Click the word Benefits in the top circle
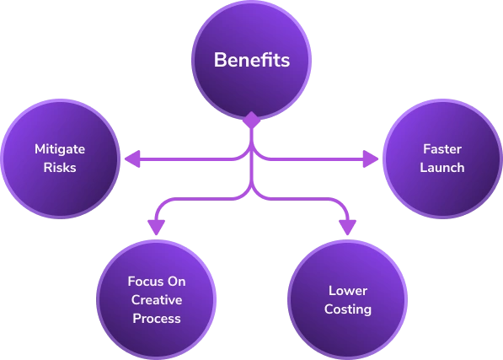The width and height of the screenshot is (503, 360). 251,61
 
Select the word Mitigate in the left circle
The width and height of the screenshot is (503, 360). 60,148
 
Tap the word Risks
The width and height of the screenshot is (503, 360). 60,167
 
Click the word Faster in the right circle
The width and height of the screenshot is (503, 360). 442,148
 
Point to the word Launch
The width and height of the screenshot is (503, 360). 442,167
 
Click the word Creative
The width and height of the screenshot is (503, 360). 156,299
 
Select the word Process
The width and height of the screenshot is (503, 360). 156,318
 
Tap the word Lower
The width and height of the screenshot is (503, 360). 348,291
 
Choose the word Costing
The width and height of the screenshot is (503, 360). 348,309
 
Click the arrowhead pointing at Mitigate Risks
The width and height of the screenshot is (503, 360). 131,158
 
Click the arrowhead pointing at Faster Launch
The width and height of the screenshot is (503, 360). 370,158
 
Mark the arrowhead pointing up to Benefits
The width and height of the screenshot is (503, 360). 251,121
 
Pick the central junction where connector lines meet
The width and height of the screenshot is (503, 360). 251,158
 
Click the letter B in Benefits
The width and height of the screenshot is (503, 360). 219,61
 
